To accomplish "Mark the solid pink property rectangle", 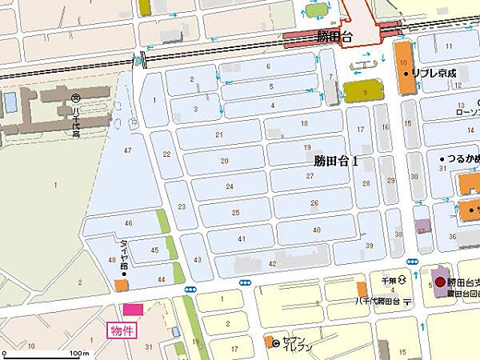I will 132,309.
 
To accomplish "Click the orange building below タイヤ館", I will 121,284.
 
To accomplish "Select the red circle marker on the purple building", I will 439,282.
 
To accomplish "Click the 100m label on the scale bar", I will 78,353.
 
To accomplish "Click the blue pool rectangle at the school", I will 10,102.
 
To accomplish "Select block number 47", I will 127,150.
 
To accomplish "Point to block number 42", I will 273,263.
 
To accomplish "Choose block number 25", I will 235,213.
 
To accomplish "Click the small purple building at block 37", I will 422,226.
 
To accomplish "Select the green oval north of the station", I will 317,10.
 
